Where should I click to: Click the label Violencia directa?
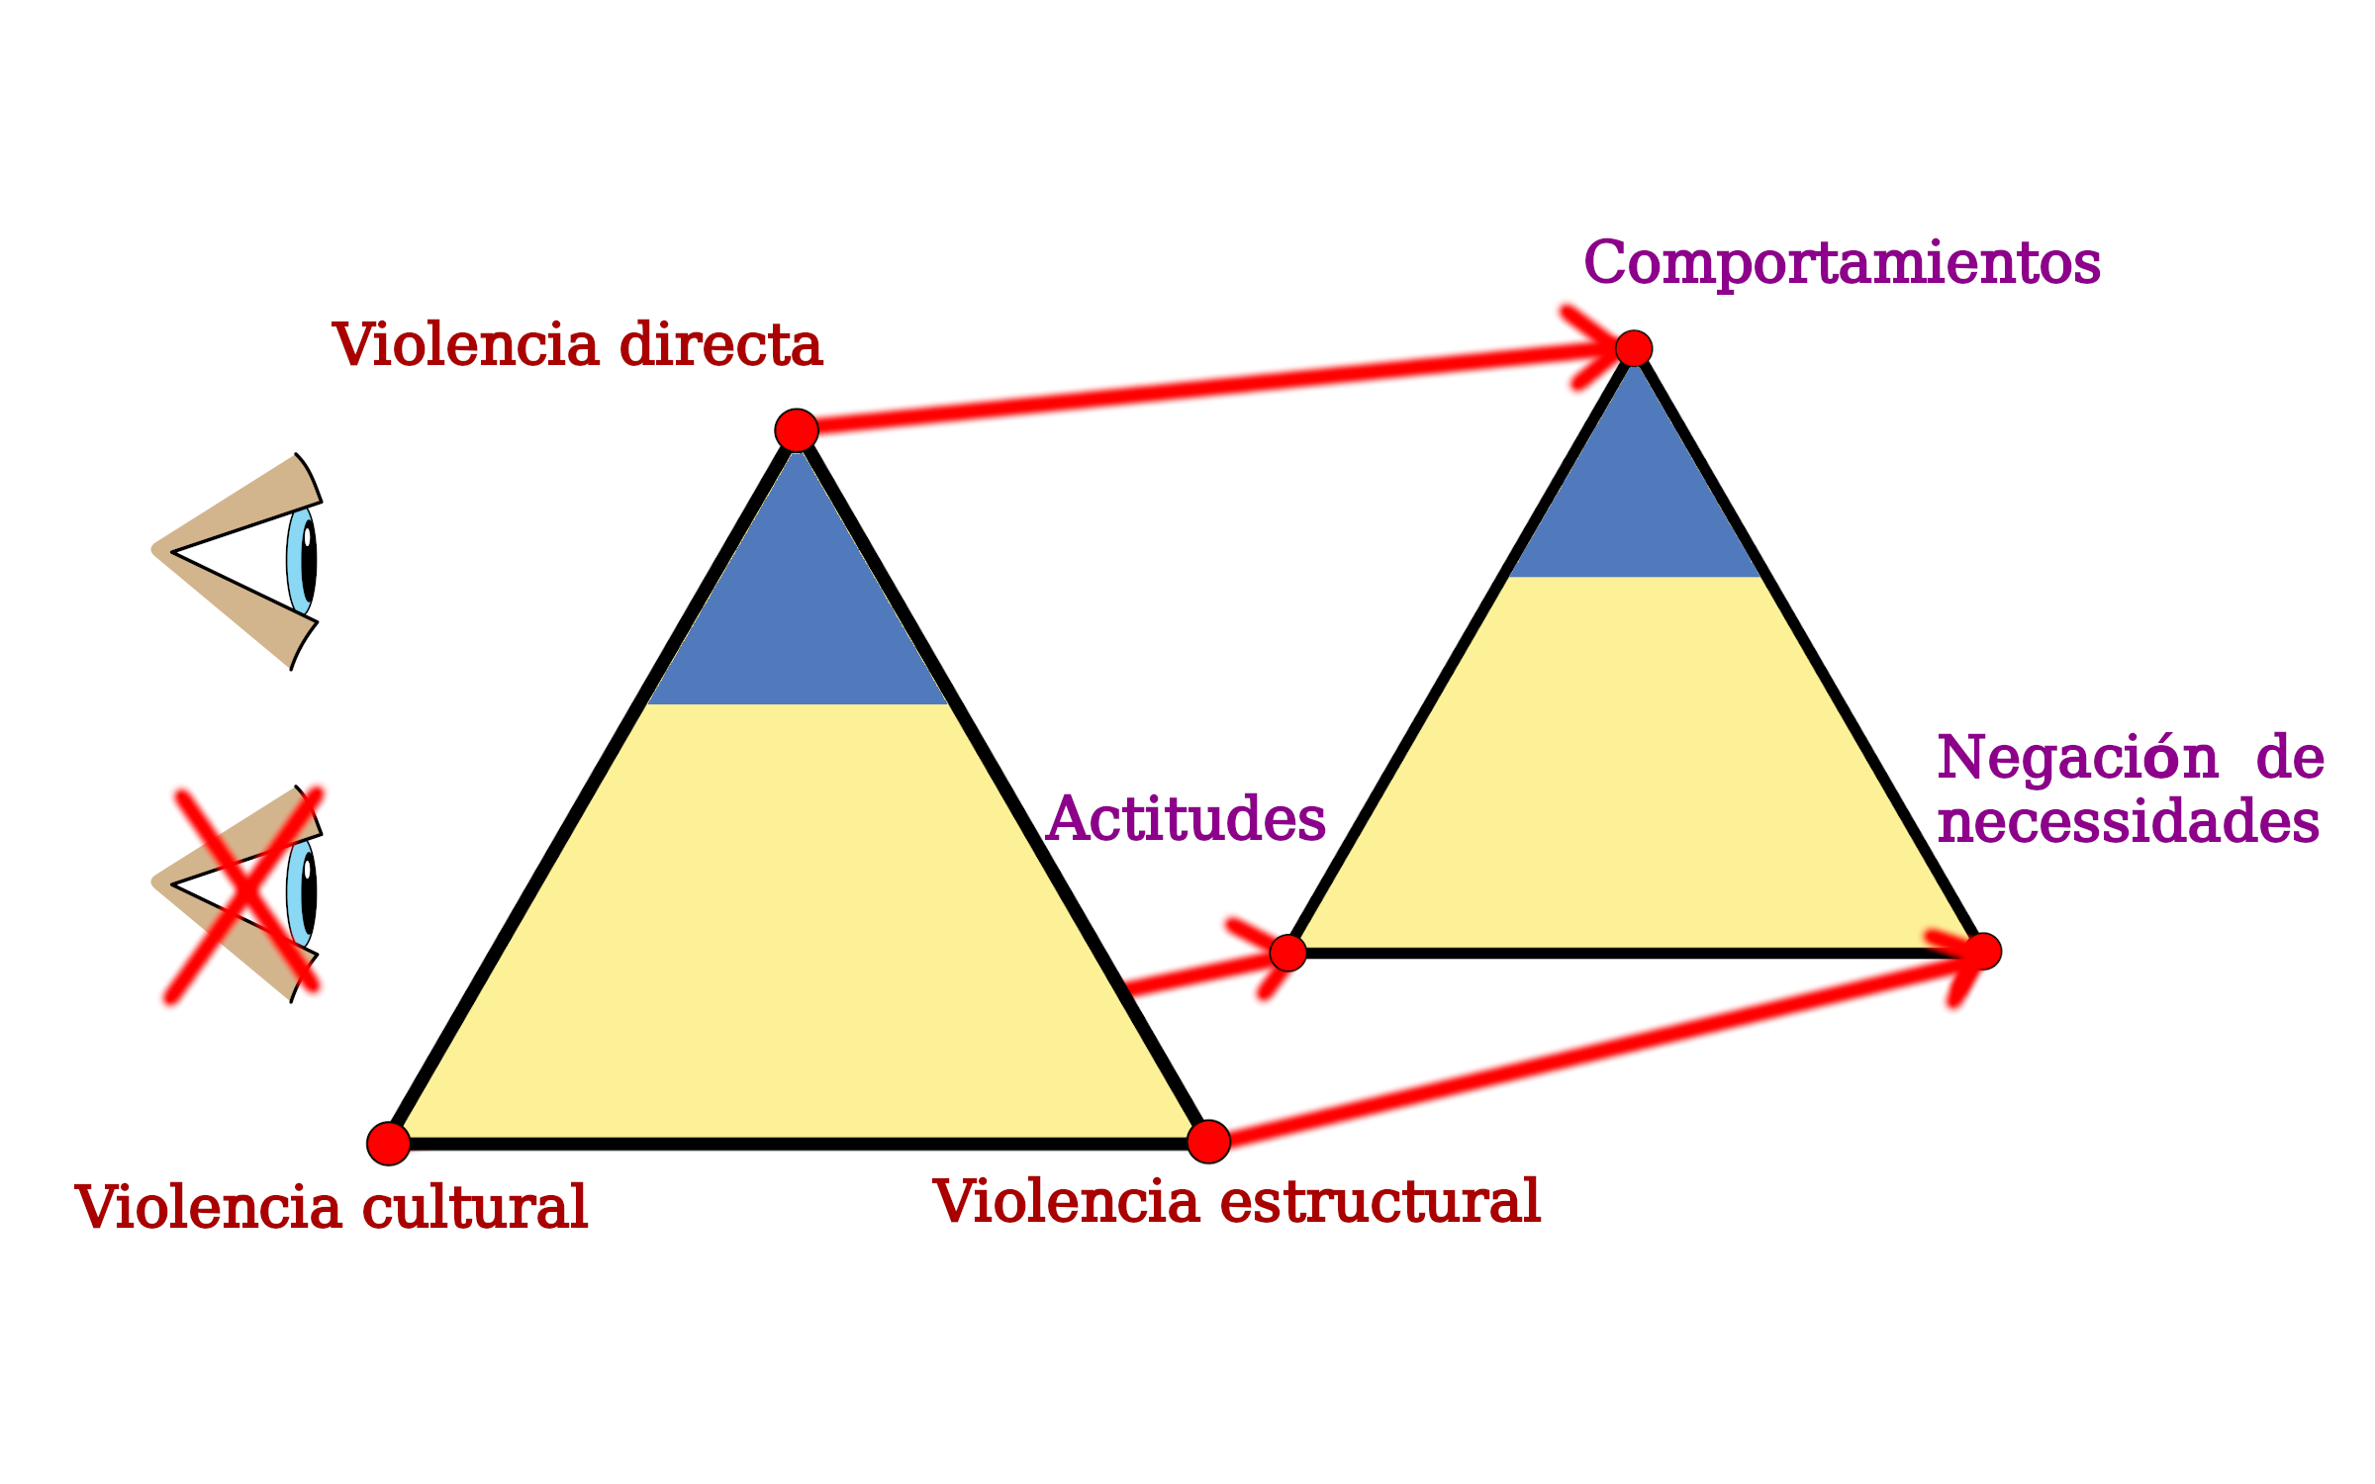tap(577, 344)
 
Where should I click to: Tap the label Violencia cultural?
tap(332, 1207)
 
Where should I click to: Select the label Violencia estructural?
tap(1236, 1201)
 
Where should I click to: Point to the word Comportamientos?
tap(1842, 263)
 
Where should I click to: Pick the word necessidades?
tap(2128, 821)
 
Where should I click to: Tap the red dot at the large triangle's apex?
tap(797, 430)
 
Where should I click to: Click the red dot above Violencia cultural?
tap(389, 1144)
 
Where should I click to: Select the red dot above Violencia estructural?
tap(1208, 1142)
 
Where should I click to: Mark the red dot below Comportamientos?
tap(1634, 348)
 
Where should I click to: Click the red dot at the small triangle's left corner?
tap(1288, 953)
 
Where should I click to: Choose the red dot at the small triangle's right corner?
tap(1983, 952)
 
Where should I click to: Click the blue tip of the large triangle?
tap(797, 603)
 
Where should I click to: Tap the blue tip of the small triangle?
tap(1634, 495)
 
